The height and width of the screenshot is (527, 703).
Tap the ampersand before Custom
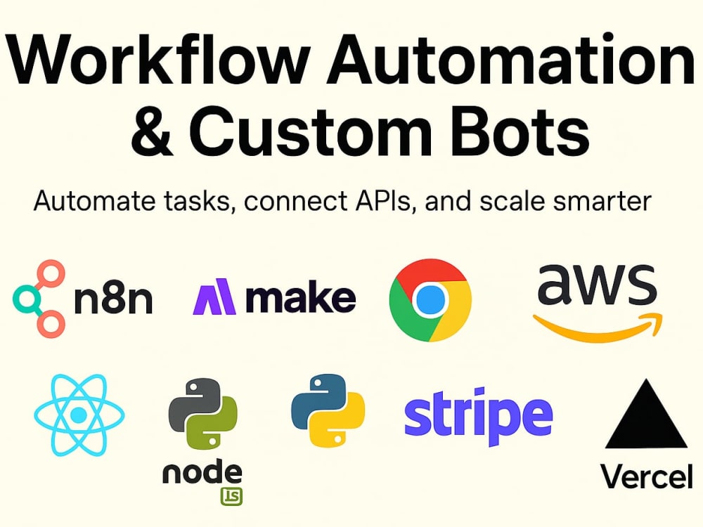pos(153,129)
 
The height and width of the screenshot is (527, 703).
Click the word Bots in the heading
pos(520,129)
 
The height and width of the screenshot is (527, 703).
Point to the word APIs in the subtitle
pos(384,201)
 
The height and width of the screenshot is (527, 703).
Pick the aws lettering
pos(597,284)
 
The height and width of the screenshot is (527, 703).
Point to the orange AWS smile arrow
pos(597,330)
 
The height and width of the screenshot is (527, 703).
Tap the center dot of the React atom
pos(79,415)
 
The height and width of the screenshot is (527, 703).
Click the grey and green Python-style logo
pos(203,414)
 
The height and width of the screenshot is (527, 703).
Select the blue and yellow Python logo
pos(328,410)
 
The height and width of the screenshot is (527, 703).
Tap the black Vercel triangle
pos(646,414)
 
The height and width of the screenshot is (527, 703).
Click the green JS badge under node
pos(231,497)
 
